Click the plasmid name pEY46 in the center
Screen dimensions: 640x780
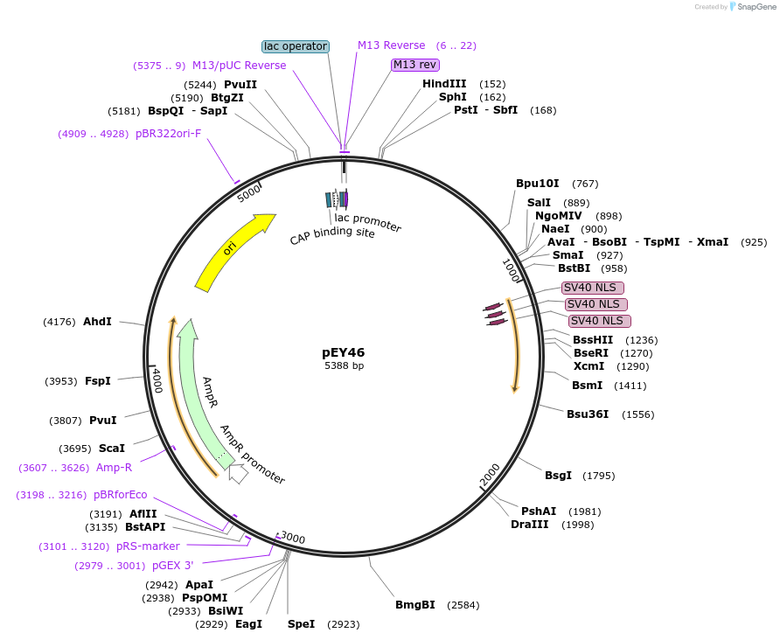tap(344, 352)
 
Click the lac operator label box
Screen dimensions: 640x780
tap(296, 46)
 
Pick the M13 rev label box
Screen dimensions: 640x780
tap(415, 65)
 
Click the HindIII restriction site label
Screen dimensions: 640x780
tap(444, 84)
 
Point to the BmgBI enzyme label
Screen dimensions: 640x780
tap(415, 605)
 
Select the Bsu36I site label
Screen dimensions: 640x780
tap(588, 414)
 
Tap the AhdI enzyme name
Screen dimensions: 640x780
tap(97, 322)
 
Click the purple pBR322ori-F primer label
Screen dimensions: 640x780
tap(169, 134)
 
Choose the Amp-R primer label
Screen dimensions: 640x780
tap(115, 468)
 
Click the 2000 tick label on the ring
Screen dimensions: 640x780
tap(491, 473)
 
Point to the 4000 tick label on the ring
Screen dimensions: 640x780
tap(157, 381)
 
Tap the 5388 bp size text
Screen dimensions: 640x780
tap(344, 366)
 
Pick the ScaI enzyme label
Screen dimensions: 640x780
tap(111, 449)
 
